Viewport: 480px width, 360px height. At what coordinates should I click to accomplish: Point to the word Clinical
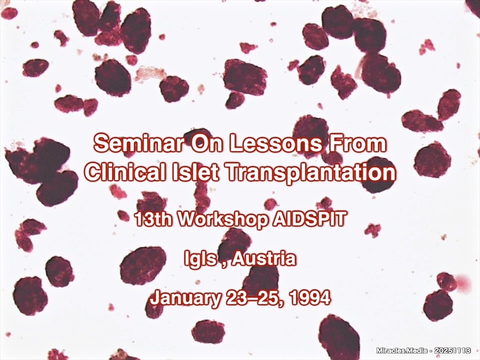coord(125,172)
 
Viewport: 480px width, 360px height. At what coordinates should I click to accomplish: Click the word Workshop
coord(223,219)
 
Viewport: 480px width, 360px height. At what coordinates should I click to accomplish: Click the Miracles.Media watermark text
coord(402,350)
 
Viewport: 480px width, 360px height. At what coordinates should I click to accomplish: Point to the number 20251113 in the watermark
coord(452,350)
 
